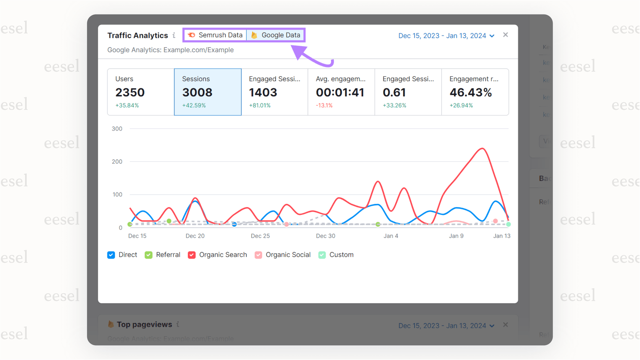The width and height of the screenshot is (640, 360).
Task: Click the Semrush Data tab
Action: tap(215, 35)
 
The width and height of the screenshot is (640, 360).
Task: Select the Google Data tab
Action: tap(275, 35)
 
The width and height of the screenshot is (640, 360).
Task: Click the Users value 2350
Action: tap(130, 93)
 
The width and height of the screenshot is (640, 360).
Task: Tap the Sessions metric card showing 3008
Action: tap(208, 92)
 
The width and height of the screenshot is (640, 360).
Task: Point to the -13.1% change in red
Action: tap(324, 106)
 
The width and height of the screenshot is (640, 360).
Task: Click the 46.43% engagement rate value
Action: tap(470, 93)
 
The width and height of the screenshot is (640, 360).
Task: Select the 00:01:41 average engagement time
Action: tap(340, 93)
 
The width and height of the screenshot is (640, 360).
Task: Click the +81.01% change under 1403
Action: tap(260, 106)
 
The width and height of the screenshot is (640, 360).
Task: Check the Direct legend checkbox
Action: tap(111, 255)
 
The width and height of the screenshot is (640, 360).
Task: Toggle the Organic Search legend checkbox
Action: tap(192, 255)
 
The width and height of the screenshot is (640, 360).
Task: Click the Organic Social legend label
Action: tap(288, 255)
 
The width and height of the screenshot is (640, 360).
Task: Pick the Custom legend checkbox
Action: tap(322, 255)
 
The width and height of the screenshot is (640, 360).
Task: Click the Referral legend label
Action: tap(168, 255)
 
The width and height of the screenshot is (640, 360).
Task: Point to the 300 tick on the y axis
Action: tap(117, 129)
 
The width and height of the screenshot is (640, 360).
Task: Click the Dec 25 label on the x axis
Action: tap(260, 236)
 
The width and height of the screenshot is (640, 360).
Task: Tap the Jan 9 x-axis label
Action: tap(456, 236)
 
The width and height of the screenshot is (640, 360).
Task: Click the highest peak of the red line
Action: tap(483, 148)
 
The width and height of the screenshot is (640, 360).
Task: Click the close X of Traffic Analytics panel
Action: tap(506, 35)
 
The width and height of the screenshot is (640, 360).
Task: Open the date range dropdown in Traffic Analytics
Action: tap(446, 36)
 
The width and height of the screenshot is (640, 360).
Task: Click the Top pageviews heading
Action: tap(144, 325)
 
